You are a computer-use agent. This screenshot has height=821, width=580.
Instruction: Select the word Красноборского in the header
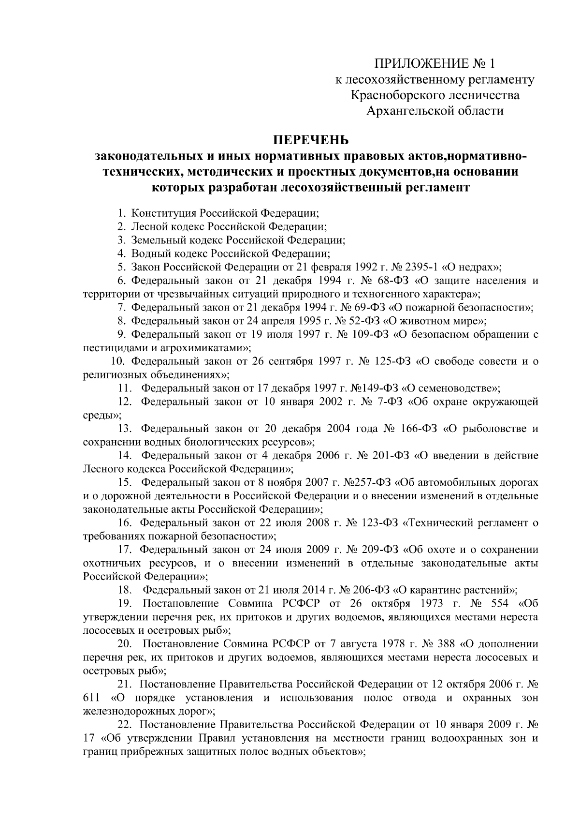pyautogui.click(x=400, y=95)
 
